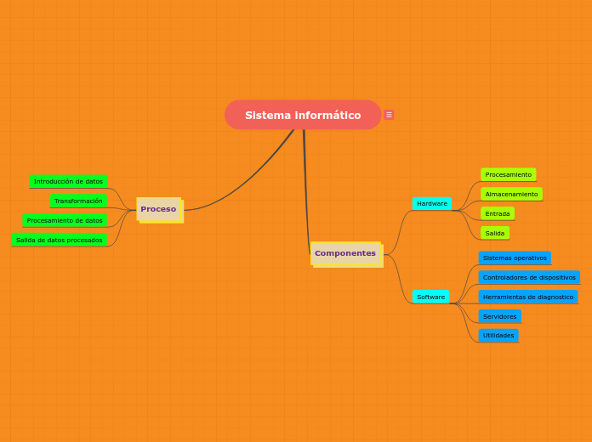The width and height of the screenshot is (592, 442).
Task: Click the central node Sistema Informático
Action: (x=303, y=115)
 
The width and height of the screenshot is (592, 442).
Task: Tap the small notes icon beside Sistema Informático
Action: (x=389, y=115)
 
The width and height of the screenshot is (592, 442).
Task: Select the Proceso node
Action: (x=159, y=209)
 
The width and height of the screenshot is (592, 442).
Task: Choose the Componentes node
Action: (x=345, y=253)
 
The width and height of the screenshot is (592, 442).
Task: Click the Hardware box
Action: (x=432, y=204)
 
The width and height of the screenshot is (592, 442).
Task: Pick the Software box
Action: (x=430, y=297)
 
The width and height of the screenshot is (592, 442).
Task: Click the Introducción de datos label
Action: (x=68, y=181)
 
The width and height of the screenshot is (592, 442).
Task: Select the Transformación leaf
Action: (x=78, y=201)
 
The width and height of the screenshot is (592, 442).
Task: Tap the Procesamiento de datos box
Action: (x=65, y=220)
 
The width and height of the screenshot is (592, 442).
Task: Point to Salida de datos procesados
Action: (x=60, y=240)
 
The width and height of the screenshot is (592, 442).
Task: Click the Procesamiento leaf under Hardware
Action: (x=508, y=174)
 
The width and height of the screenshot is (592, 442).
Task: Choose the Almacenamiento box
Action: (x=511, y=194)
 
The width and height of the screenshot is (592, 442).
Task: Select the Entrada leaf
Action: (x=498, y=213)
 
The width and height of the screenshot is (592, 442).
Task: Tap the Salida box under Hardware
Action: (x=495, y=233)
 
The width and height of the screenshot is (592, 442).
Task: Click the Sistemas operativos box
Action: (x=515, y=258)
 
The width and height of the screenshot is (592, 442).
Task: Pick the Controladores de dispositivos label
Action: (x=529, y=277)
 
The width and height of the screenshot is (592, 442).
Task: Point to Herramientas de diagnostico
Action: (x=528, y=297)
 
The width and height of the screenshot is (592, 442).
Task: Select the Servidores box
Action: (x=500, y=316)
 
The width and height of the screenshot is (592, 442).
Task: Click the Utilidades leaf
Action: (x=498, y=335)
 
